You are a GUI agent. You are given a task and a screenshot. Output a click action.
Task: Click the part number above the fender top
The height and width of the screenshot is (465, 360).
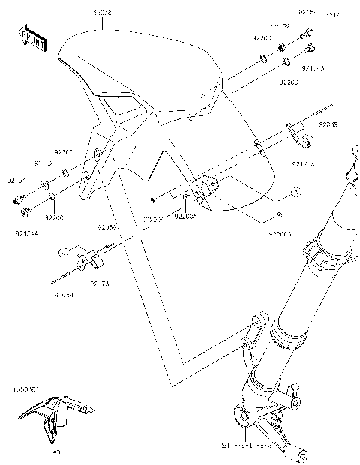102,14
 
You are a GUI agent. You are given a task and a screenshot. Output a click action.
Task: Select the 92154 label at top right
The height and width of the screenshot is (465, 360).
307,13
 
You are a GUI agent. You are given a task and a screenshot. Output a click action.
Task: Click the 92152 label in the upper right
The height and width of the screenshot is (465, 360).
280,25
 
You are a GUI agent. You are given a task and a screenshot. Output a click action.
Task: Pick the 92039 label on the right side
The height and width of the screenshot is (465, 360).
328,124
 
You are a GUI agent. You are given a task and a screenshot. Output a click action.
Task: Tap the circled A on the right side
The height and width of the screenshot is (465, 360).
295,193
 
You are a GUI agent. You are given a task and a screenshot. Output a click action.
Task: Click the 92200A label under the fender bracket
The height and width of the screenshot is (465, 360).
184,217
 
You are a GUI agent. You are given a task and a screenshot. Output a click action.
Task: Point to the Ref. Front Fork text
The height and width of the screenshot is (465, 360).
255,445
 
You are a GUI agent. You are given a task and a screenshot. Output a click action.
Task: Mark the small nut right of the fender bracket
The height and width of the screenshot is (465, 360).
278,215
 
